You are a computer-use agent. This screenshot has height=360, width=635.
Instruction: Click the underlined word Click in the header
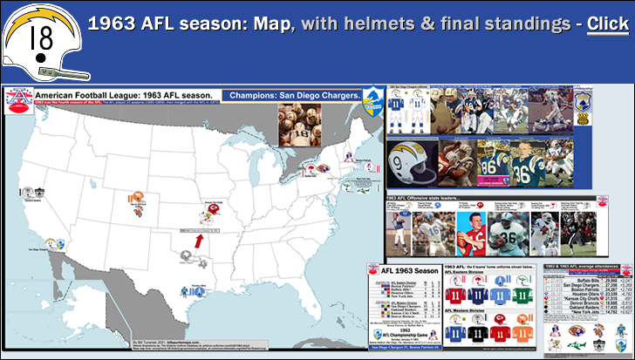tap(607, 24)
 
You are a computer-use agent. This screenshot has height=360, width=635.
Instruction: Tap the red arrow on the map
tap(199, 239)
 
